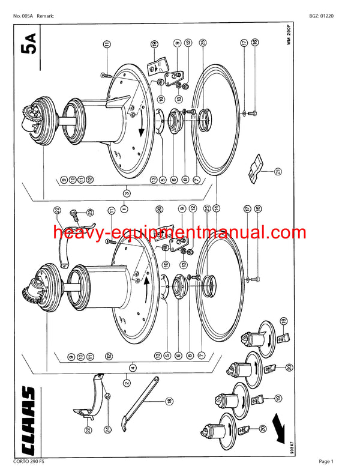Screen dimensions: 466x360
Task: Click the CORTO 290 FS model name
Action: point(28,461)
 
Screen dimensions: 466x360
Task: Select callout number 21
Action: point(278,172)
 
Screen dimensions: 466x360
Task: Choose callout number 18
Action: point(169,401)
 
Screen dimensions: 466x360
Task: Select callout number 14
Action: point(215,209)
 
